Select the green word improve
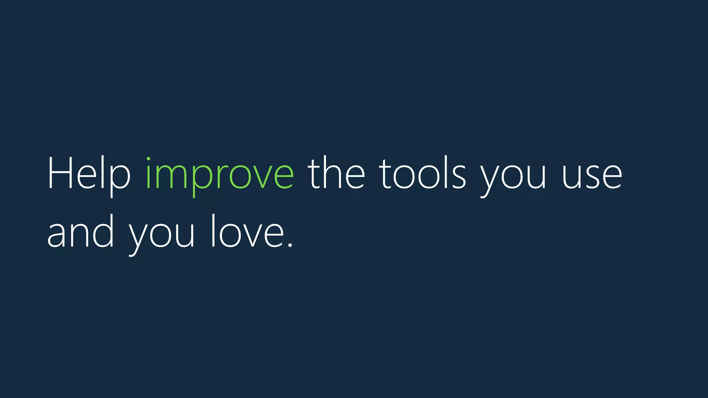220,174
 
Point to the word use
592,176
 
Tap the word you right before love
161,235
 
